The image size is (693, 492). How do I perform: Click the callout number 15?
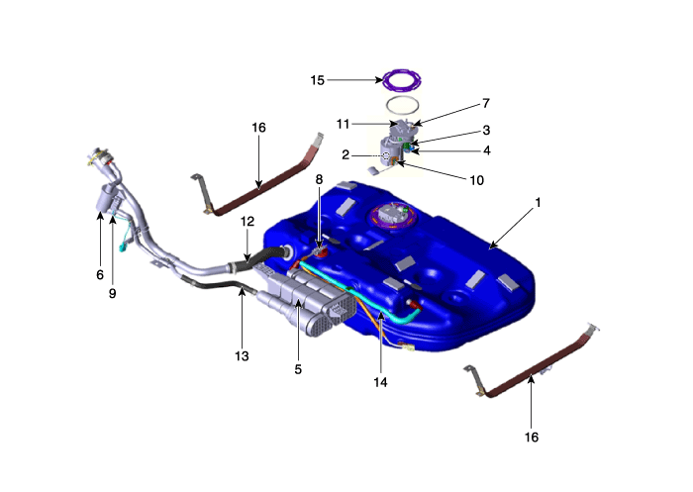click(318, 80)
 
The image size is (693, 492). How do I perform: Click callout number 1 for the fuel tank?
click(538, 203)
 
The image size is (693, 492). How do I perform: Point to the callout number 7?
click(486, 103)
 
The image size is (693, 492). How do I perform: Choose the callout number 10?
click(476, 180)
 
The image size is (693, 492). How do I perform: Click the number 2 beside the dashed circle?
click(346, 154)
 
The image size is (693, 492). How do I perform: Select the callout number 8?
click(319, 179)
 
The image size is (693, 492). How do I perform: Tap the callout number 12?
click(247, 221)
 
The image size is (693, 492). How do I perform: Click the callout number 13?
click(242, 355)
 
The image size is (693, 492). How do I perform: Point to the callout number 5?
click(298, 369)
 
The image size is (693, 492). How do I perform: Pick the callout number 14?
click(380, 382)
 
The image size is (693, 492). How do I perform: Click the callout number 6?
click(100, 275)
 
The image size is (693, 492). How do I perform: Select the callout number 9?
click(112, 293)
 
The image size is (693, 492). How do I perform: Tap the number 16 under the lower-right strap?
click(532, 438)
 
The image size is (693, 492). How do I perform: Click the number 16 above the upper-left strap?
click(258, 128)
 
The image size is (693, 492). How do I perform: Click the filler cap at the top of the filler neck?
click(100, 156)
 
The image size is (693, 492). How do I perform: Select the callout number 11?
click(343, 124)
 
